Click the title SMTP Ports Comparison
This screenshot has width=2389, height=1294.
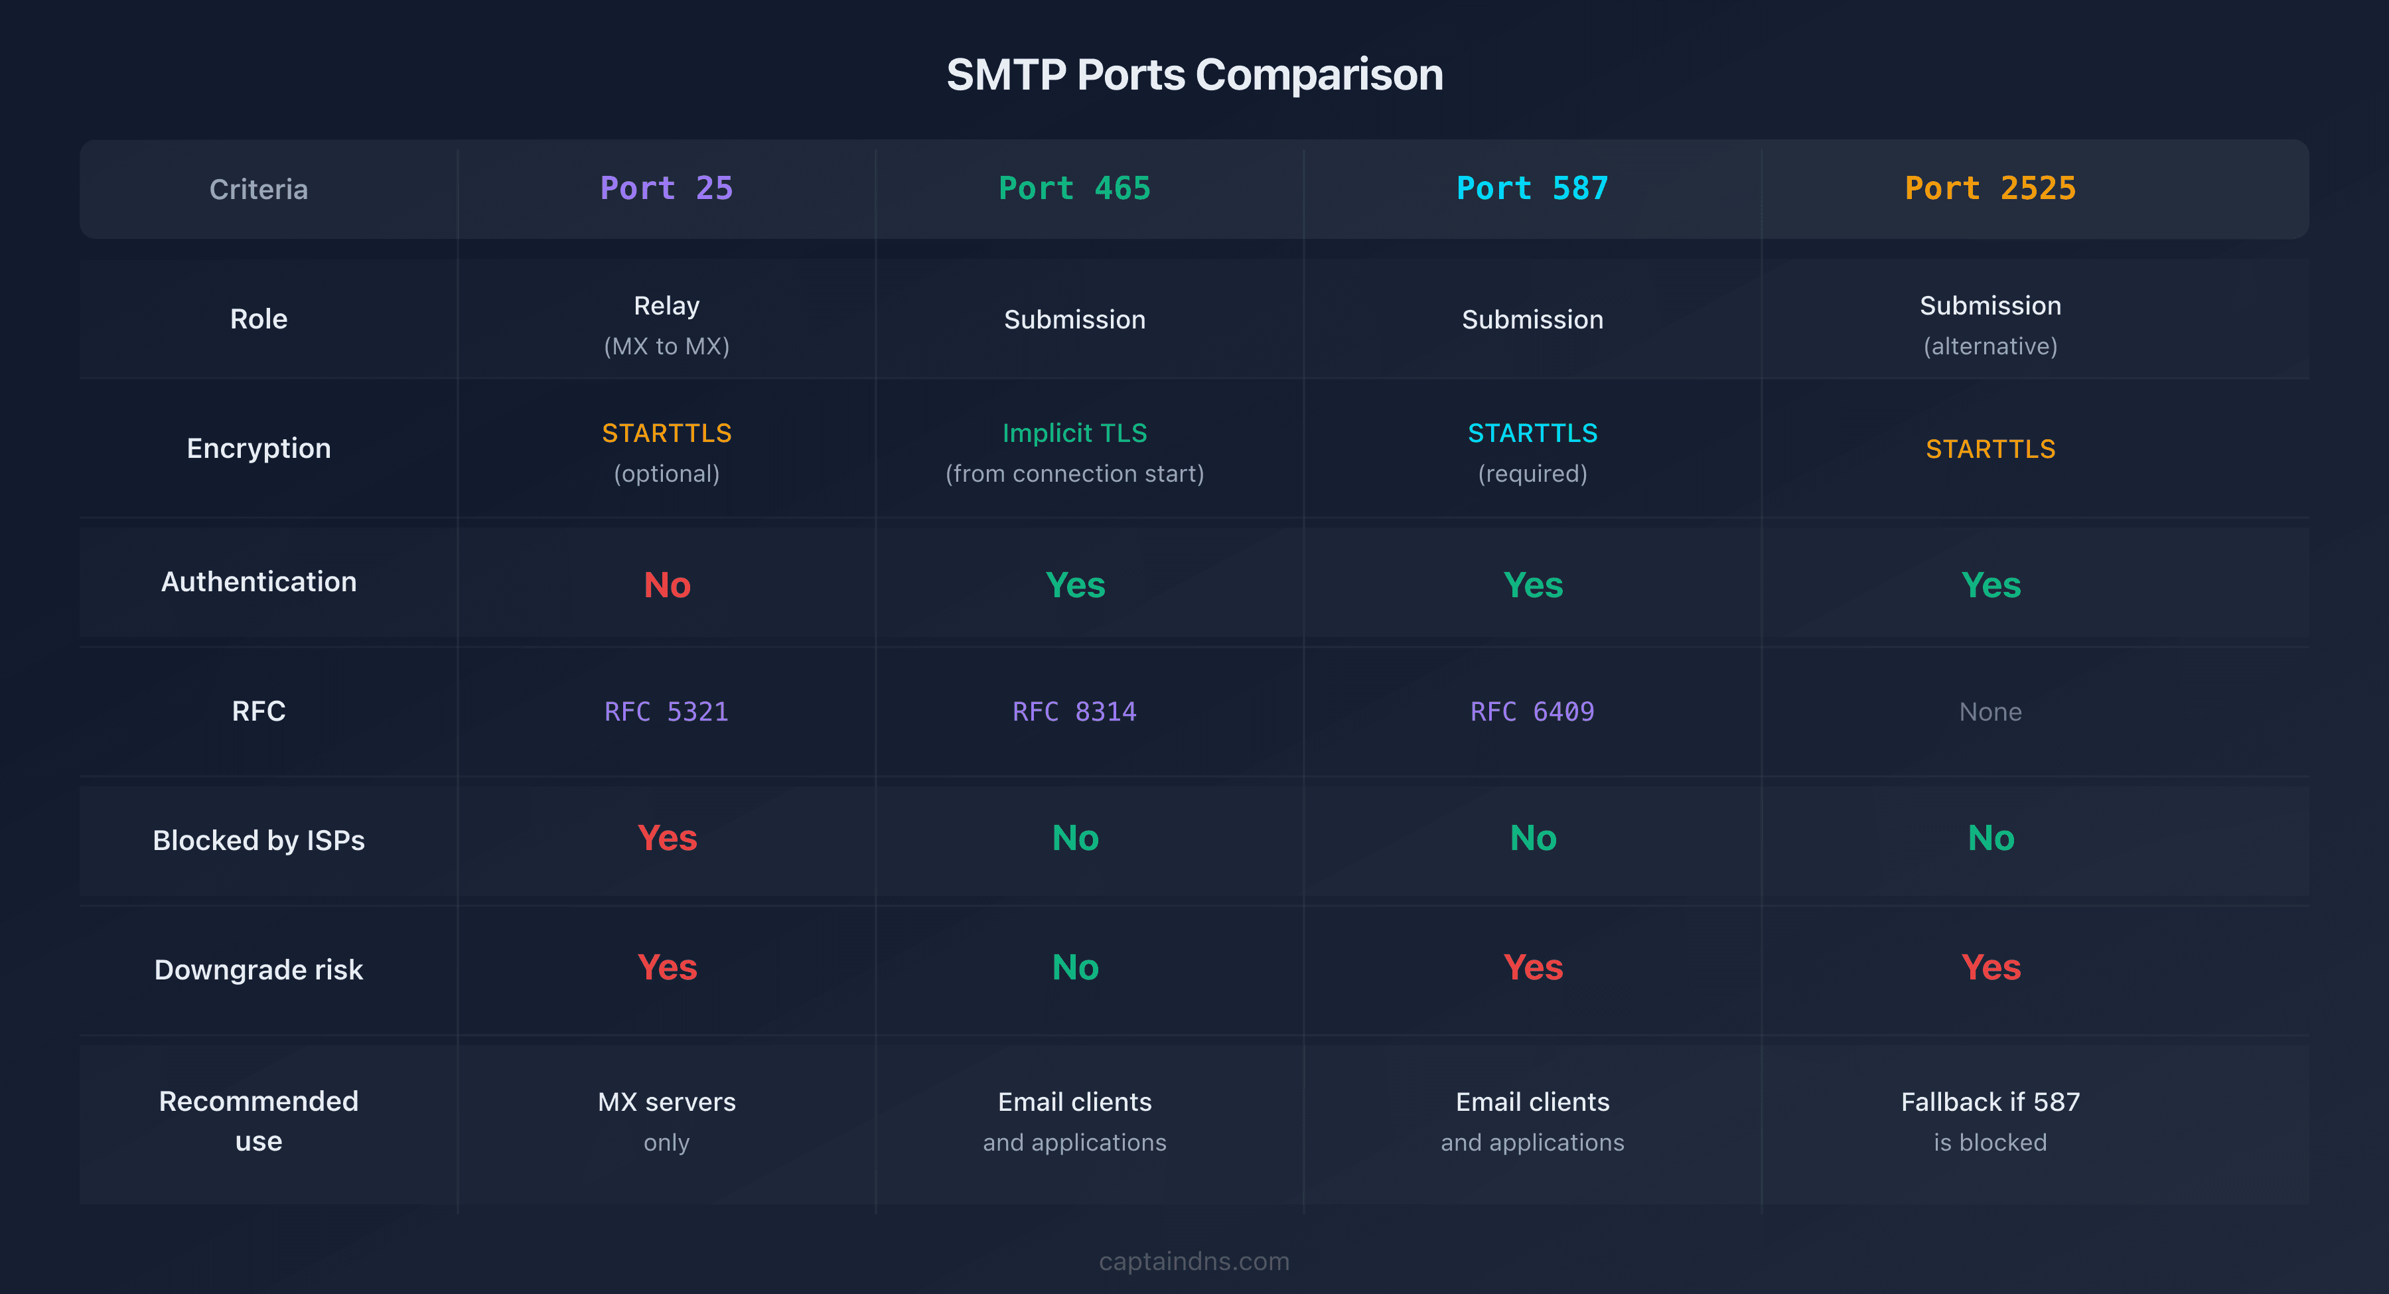tap(1194, 74)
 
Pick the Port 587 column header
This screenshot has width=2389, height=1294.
tap(1532, 188)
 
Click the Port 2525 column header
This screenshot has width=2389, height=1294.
tap(1990, 188)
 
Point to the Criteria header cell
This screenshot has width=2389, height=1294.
tap(258, 189)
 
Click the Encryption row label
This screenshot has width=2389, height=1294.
tap(258, 448)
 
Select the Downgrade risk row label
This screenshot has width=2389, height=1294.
tap(258, 970)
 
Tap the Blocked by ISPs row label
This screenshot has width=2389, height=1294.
tap(258, 839)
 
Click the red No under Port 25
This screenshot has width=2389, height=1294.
tap(667, 585)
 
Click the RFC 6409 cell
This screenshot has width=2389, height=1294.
tap(1532, 711)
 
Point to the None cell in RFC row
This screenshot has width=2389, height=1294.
tap(1990, 711)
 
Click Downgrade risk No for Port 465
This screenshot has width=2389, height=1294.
tap(1075, 968)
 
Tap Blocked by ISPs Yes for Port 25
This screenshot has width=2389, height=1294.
tap(667, 837)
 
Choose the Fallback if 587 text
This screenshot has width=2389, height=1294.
tap(1990, 1102)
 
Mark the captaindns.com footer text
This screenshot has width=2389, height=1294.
tap(1194, 1261)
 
